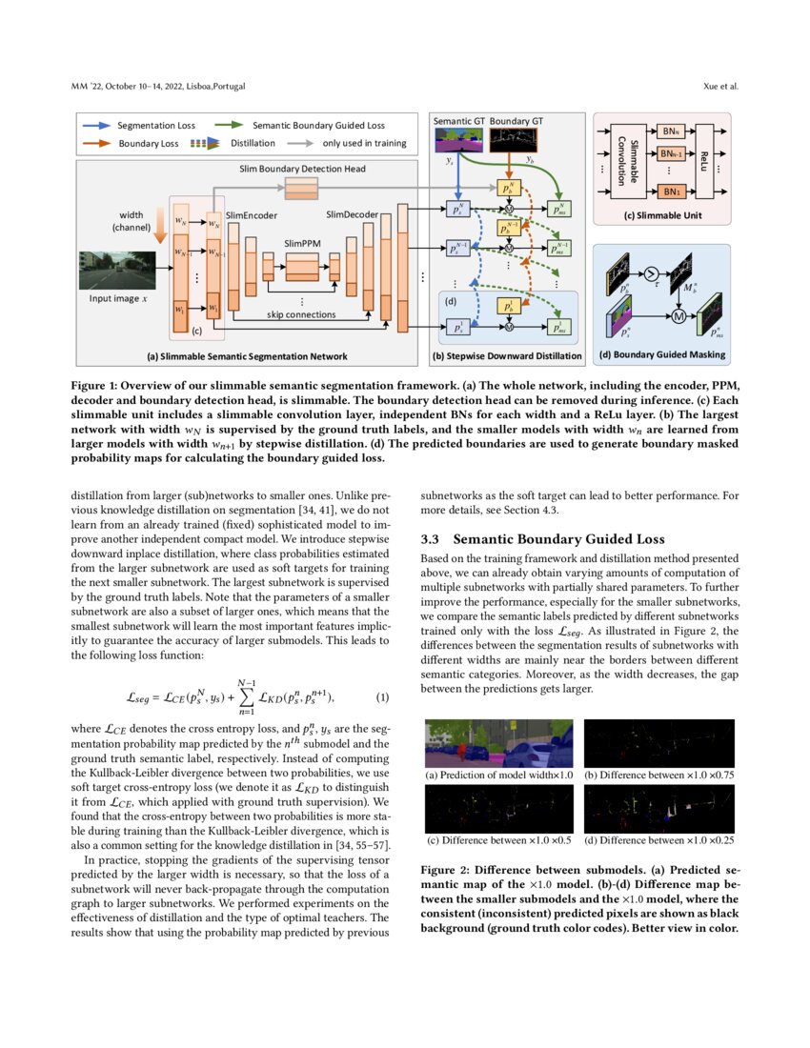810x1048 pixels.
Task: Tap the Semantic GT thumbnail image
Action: coord(458,141)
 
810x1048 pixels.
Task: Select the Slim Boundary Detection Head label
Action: coord(301,169)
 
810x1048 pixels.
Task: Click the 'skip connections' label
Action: coord(301,313)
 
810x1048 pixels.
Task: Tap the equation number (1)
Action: coord(382,696)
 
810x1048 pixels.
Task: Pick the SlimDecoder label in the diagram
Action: coord(352,214)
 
